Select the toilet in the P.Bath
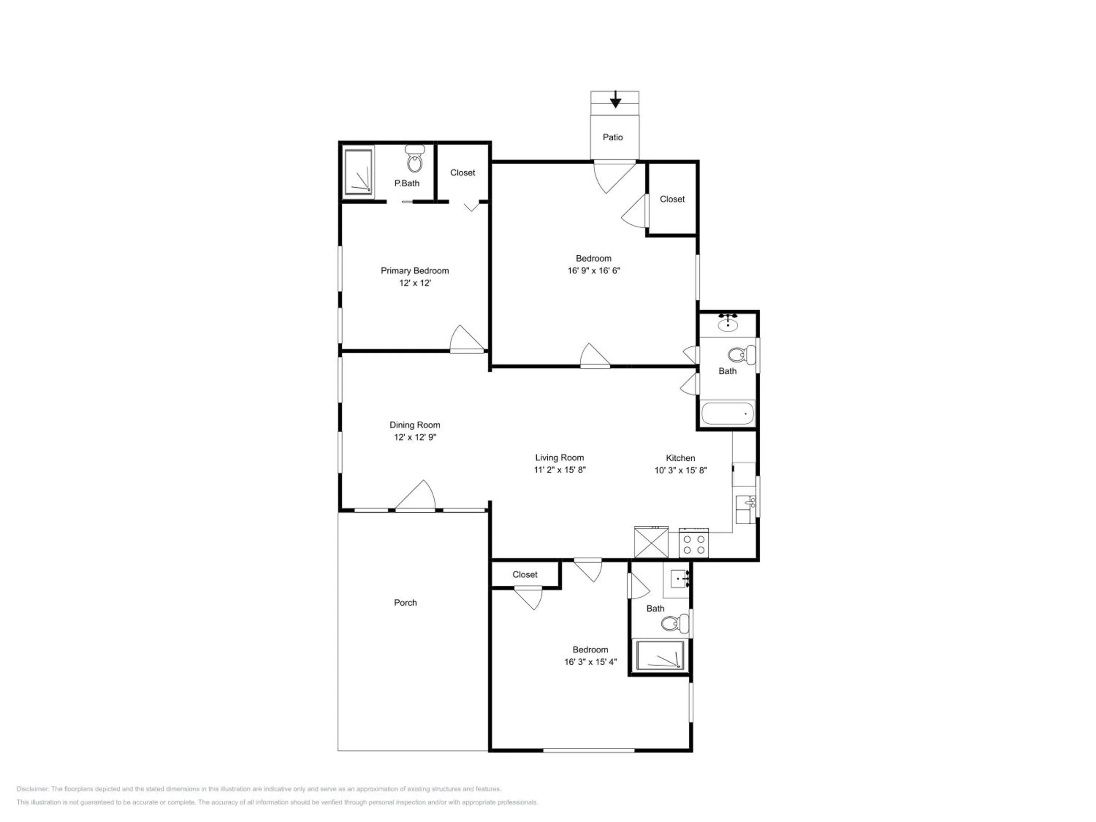(414, 159)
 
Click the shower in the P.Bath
(358, 172)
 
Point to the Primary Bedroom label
(415, 271)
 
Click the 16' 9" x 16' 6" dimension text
(594, 271)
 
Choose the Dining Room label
(415, 425)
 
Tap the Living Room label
(559, 458)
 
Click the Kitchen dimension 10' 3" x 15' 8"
(680, 470)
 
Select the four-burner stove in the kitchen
(694, 544)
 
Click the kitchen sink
(745, 509)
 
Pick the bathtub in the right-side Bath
(727, 414)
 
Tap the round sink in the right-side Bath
(727, 324)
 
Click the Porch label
(405, 602)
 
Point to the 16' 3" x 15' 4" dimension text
(590, 662)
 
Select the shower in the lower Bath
(660, 655)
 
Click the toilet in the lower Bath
(674, 623)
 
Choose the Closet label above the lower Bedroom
(525, 574)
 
